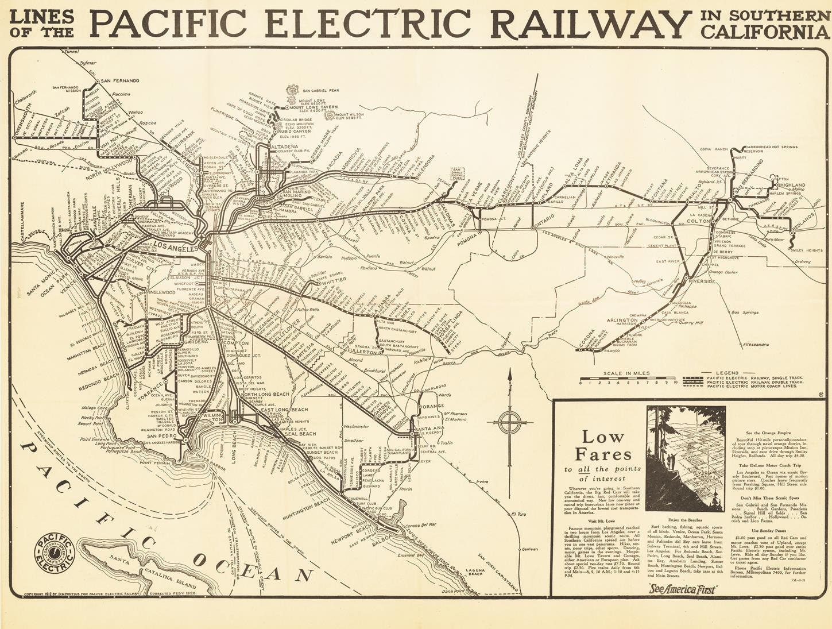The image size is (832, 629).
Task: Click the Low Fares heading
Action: pyautogui.click(x=600, y=446)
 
